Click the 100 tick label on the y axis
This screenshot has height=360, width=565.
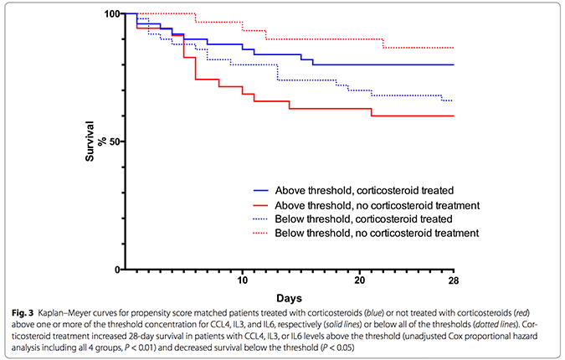(x=110, y=14)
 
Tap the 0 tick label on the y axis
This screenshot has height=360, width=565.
(x=116, y=270)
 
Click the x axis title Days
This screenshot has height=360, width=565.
(x=289, y=298)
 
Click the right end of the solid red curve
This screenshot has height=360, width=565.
(x=454, y=116)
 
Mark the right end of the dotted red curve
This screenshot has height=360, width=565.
(x=454, y=48)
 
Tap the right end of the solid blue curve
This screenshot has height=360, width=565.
(x=454, y=64)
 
